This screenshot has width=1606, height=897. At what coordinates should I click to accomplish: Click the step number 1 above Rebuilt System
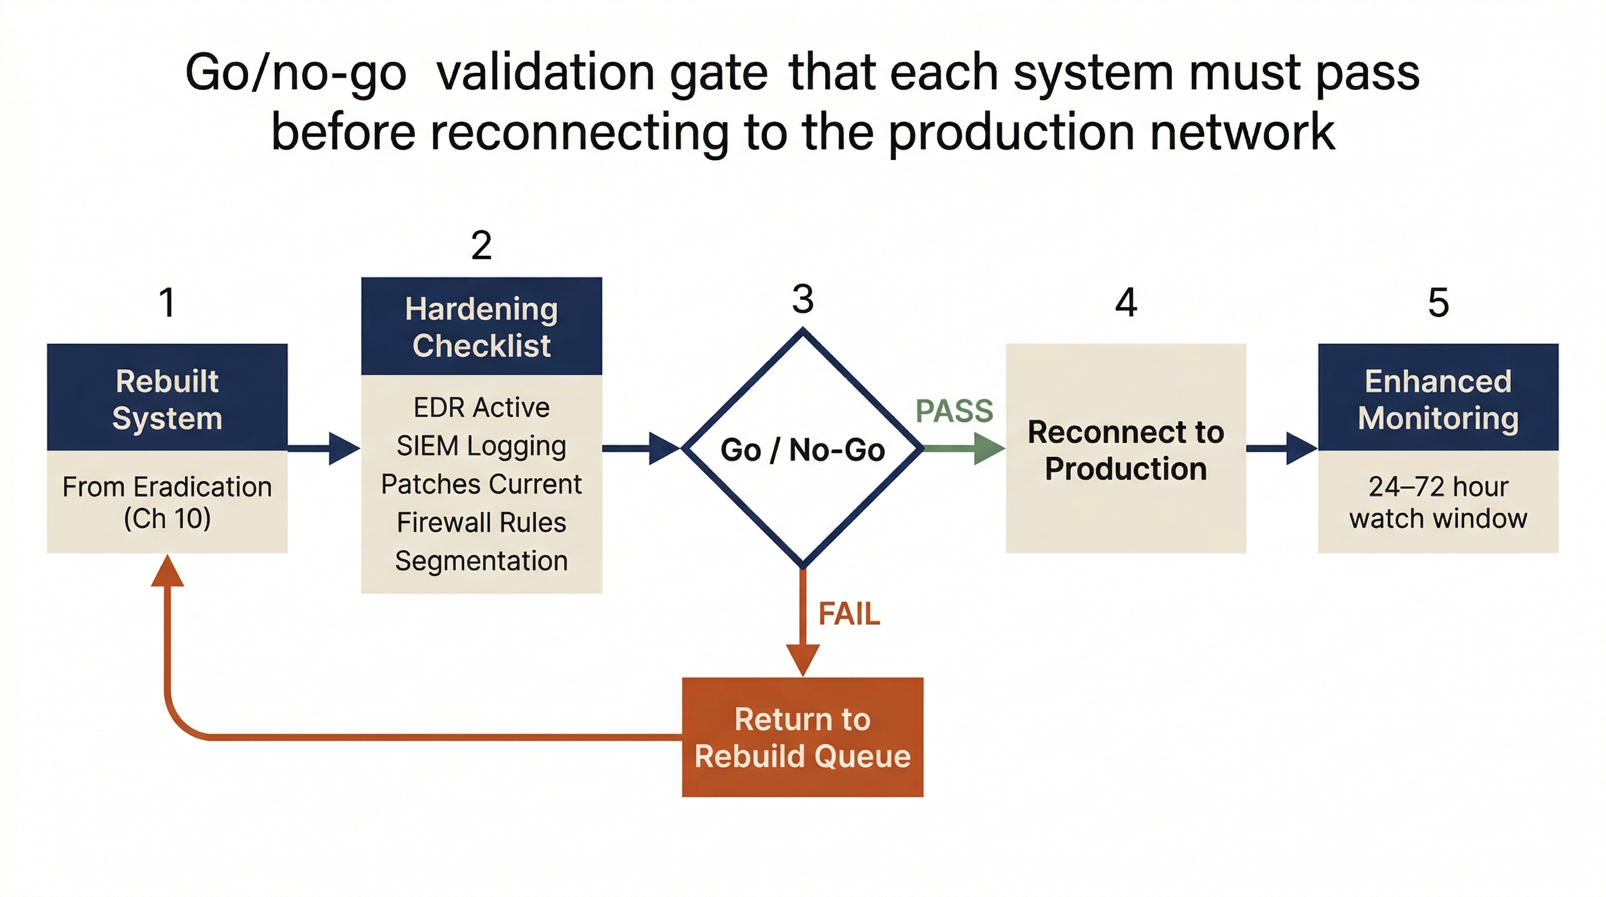(167, 303)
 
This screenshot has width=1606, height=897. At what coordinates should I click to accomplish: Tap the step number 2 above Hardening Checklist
(481, 245)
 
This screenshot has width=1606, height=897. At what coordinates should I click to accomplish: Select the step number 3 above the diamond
(803, 299)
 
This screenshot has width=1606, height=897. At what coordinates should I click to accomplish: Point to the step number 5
(1439, 303)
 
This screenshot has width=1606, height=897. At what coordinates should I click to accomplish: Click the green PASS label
(954, 411)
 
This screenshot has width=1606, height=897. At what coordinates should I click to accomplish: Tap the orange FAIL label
(849, 614)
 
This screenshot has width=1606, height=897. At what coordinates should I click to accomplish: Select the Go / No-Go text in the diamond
(802, 450)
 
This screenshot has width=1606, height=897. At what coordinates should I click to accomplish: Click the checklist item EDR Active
(481, 408)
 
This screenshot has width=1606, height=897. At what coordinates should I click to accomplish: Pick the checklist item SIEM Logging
(481, 446)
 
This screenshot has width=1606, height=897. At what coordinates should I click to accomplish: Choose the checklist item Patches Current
(481, 484)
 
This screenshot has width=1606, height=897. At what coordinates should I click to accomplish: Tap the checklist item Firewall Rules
(481, 522)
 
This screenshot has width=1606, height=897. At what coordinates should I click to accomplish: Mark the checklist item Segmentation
(481, 561)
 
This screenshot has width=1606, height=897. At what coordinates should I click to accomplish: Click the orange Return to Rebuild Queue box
(802, 738)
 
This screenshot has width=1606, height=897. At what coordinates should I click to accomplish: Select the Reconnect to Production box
(1125, 449)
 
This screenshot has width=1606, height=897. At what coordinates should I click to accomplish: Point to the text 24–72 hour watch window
(1438, 502)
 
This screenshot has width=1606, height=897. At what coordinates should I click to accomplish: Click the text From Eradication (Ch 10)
(167, 502)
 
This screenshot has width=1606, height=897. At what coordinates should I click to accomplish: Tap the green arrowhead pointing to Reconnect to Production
(989, 448)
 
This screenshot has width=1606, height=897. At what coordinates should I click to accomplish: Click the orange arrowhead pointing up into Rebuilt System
(167, 572)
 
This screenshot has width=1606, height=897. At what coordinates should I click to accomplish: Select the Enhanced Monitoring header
(1438, 399)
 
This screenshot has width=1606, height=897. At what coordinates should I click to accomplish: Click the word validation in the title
(545, 72)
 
